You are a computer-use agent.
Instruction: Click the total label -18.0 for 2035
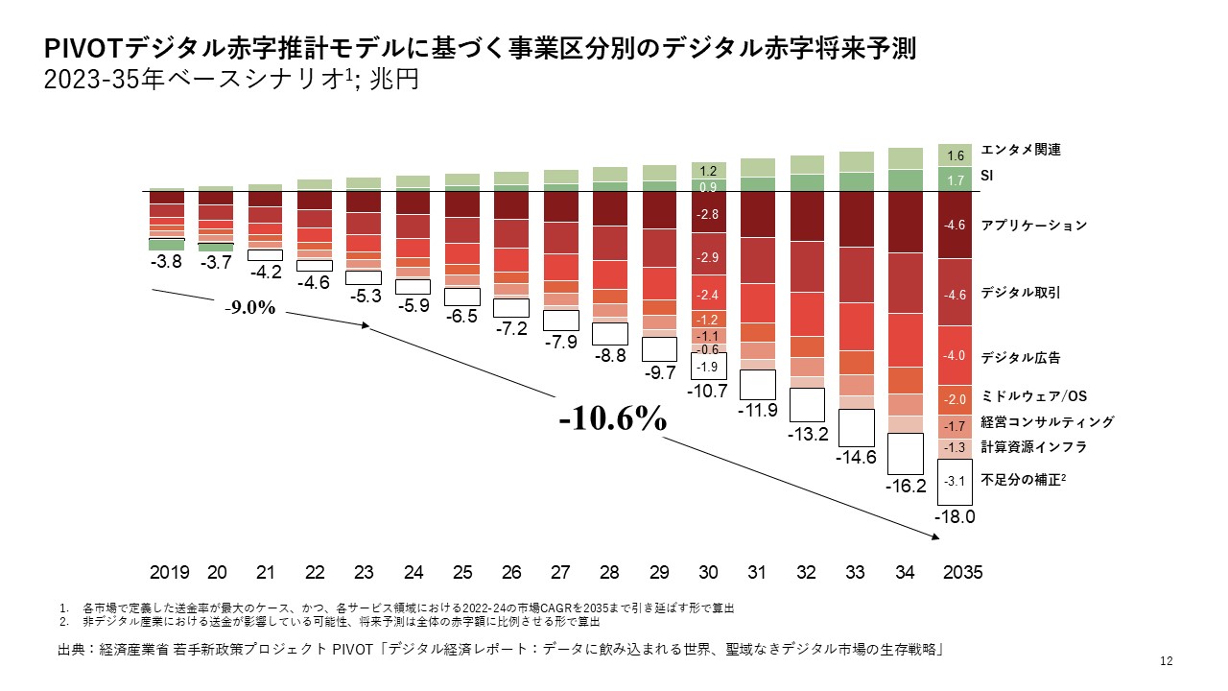pos(956,516)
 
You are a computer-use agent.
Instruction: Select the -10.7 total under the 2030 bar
pos(708,391)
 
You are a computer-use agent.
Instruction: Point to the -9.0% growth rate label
pos(250,309)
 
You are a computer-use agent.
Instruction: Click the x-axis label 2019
pos(169,572)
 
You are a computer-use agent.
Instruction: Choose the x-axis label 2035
pos(962,572)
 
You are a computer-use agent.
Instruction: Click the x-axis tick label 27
pos(561,572)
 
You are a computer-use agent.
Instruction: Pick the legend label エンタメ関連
pos(1021,150)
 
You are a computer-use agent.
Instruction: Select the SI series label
pos(987,178)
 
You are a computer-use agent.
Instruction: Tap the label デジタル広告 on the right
pos(1021,357)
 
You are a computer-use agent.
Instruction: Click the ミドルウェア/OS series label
pos(1033,396)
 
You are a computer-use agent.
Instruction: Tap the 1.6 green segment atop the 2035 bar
pos(956,155)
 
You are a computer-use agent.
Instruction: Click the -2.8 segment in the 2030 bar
pos(708,215)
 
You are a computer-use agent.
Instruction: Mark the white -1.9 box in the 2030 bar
pos(708,367)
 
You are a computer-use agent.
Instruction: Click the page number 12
pos(1167,660)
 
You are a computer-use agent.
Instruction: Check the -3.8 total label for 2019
pos(168,261)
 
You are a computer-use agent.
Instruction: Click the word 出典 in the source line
pos(72,651)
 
